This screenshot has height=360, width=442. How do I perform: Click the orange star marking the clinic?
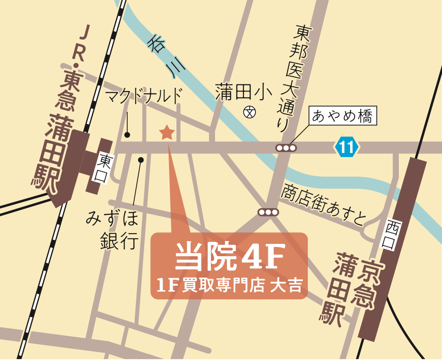coord(166,133)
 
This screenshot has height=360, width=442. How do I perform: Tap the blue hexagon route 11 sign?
coord(346,147)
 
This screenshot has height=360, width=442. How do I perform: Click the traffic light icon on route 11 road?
coord(286,148)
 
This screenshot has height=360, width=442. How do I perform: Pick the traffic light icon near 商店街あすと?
coord(268,212)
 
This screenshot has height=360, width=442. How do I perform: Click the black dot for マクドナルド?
coord(127,135)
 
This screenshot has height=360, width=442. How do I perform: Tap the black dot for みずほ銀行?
coord(141,160)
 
